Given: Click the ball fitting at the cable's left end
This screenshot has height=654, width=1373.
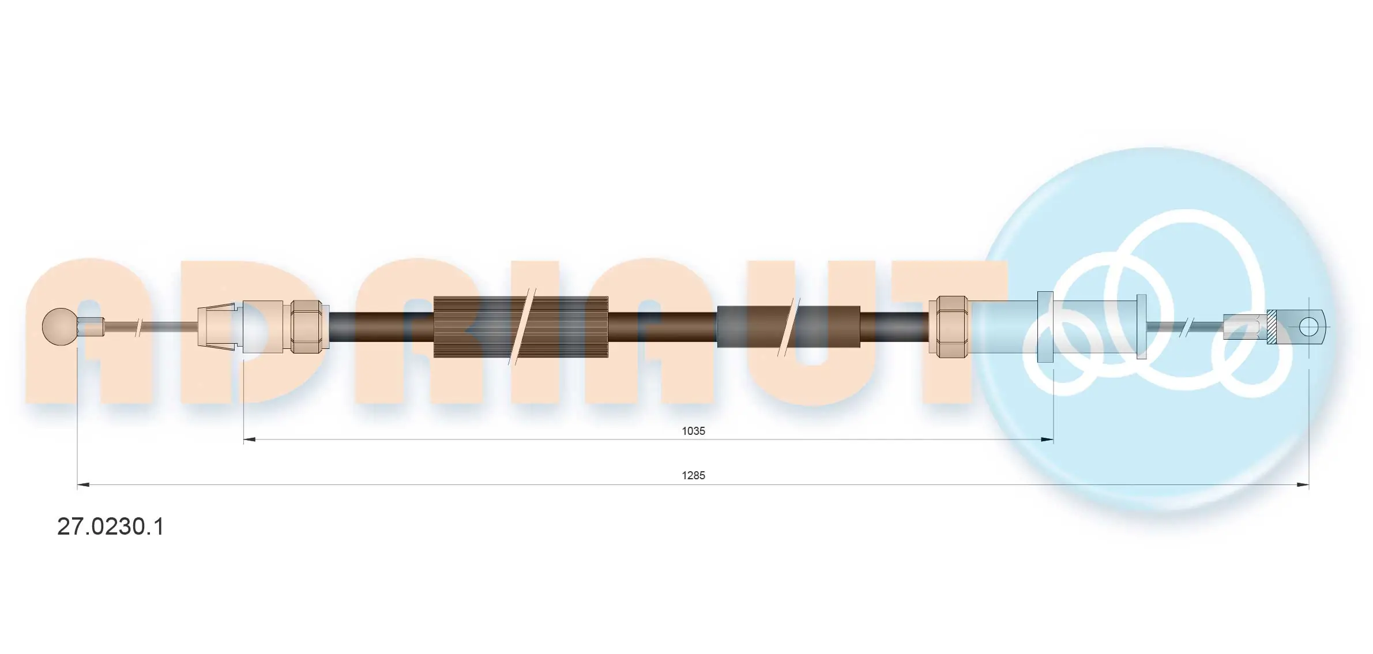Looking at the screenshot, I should pyautogui.click(x=60, y=327).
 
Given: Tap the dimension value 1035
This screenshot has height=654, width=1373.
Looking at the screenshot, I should pyautogui.click(x=693, y=431).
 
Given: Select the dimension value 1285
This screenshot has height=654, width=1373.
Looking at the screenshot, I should pyautogui.click(x=693, y=475).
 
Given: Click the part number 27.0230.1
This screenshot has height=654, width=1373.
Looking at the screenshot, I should pyautogui.click(x=110, y=527).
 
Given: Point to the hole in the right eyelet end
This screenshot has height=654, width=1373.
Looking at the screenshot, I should pyautogui.click(x=1308, y=327).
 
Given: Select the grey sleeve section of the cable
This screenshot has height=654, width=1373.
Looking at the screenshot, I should pyautogui.click(x=750, y=327).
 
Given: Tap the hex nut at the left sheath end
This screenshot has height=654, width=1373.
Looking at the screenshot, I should pyautogui.click(x=306, y=327).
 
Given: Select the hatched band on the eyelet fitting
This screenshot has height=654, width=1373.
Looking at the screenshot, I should pyautogui.click(x=1271, y=327).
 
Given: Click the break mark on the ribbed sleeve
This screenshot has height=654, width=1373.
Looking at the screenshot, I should pyautogui.click(x=522, y=327).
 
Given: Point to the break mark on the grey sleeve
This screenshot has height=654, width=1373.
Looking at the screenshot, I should pyautogui.click(x=789, y=327).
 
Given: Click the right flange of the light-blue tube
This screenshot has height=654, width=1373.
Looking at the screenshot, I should pyautogui.click(x=1141, y=327).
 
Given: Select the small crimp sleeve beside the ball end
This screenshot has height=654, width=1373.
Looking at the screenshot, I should pyautogui.click(x=91, y=327).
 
